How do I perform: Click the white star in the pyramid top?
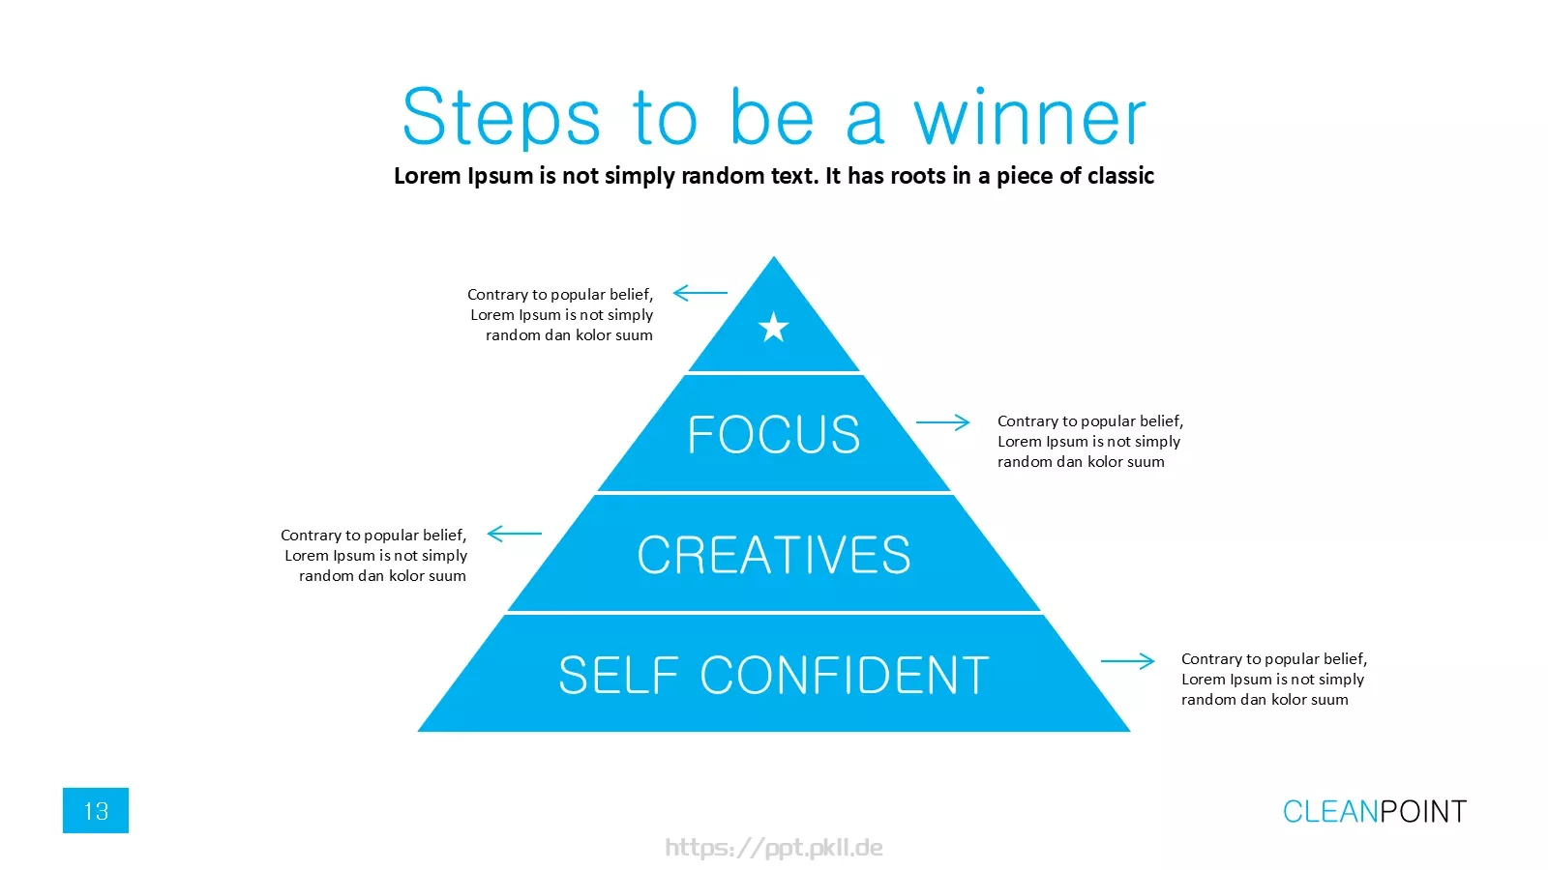[773, 327]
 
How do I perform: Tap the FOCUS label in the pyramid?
[774, 434]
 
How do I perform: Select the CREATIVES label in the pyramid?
[774, 555]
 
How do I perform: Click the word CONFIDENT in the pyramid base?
[845, 675]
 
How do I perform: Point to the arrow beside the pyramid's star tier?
[700, 293]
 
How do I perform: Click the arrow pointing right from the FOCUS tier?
[943, 421]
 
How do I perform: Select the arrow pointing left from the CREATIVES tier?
[514, 533]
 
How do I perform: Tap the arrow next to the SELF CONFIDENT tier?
[1128, 661]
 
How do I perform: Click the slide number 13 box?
[96, 810]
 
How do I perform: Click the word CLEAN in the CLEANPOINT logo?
[1330, 811]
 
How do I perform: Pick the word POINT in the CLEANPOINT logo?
[1423, 811]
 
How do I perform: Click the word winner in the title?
[1030, 118]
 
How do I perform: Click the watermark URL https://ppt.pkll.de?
[774, 848]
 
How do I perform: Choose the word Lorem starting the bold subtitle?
[428, 176]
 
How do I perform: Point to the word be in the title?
[772, 116]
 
